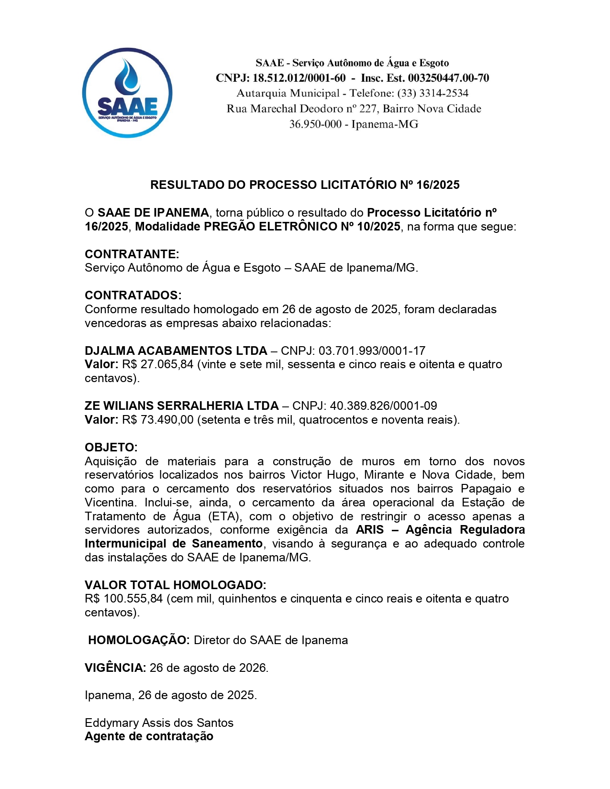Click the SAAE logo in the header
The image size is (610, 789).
point(127,93)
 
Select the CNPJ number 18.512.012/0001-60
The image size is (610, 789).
point(299,78)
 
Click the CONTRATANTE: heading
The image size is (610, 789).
point(132,254)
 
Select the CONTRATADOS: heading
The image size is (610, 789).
point(133,295)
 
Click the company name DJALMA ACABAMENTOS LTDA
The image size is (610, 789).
point(176,351)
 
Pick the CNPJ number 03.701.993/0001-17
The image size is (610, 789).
point(372,351)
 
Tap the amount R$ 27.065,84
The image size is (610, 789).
point(158,364)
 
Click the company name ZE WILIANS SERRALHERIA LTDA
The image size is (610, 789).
point(181,405)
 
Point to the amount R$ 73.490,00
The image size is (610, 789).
point(158,420)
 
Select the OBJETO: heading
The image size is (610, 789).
point(111,447)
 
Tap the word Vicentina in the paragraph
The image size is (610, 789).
point(111,503)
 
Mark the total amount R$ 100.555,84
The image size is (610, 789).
point(124,599)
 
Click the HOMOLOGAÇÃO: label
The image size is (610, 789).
point(139,640)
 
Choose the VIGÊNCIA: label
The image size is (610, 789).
point(115,668)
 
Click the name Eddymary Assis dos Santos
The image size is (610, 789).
point(159,723)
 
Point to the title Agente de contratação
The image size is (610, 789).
point(149,736)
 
